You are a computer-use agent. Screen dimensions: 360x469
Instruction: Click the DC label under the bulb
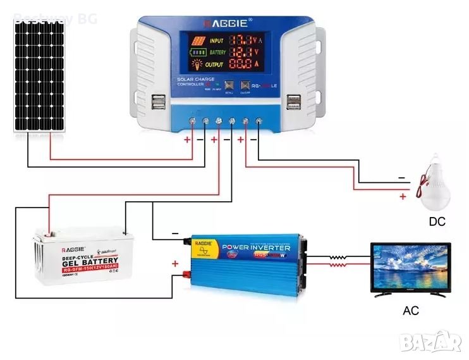(x=437, y=222)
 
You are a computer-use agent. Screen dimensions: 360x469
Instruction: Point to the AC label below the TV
(x=410, y=311)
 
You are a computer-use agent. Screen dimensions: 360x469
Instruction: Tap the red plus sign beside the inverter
(x=175, y=263)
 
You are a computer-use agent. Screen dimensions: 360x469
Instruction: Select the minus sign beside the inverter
(x=175, y=234)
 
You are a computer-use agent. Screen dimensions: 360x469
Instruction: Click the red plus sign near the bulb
(x=403, y=197)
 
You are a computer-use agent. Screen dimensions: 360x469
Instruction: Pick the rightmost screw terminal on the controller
(x=259, y=120)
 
